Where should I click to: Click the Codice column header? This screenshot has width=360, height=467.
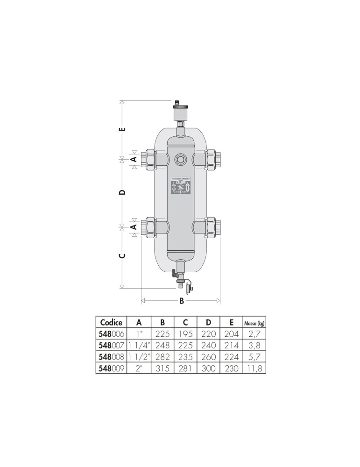pyautogui.click(x=111, y=323)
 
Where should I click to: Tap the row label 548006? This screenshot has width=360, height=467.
pyautogui.click(x=111, y=334)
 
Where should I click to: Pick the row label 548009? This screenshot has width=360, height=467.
pyautogui.click(x=111, y=368)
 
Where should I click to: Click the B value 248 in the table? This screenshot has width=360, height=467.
pyautogui.click(x=162, y=346)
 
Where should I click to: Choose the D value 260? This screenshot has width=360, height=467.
pyautogui.click(x=208, y=357)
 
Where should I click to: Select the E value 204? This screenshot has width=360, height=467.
pyautogui.click(x=231, y=334)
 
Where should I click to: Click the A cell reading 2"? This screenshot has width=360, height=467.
pyautogui.click(x=139, y=368)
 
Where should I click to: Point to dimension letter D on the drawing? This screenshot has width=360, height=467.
pyautogui.click(x=122, y=192)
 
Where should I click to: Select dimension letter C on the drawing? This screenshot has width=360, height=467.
pyautogui.click(x=122, y=256)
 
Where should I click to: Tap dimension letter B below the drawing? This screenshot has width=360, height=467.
pyautogui.click(x=181, y=301)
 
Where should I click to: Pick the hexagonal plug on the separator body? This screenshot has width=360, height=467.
pyautogui.click(x=180, y=160)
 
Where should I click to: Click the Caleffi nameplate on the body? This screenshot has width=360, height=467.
pyautogui.click(x=180, y=187)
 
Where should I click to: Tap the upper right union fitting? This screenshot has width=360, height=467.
pyautogui.click(x=212, y=159)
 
